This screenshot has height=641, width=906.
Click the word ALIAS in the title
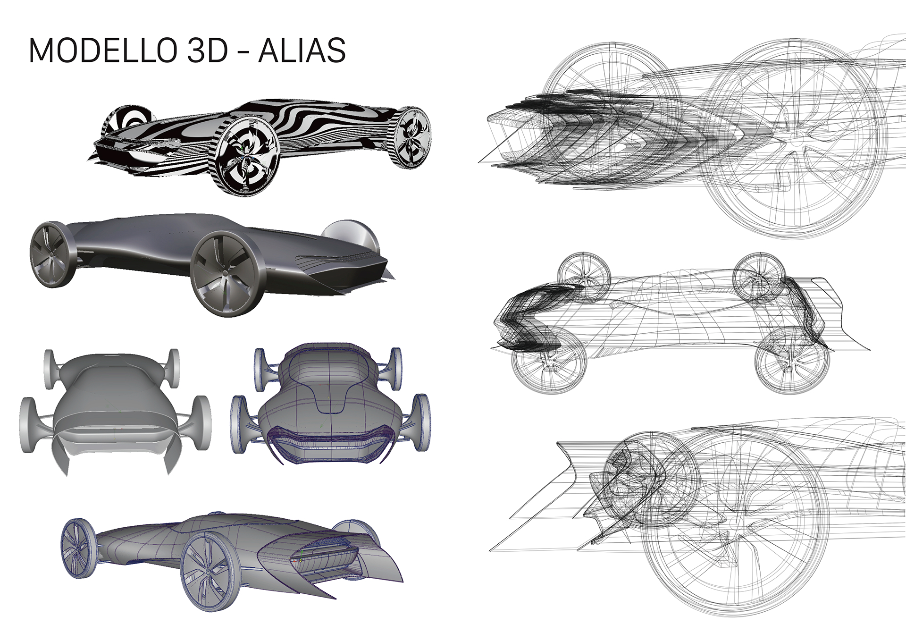302,51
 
